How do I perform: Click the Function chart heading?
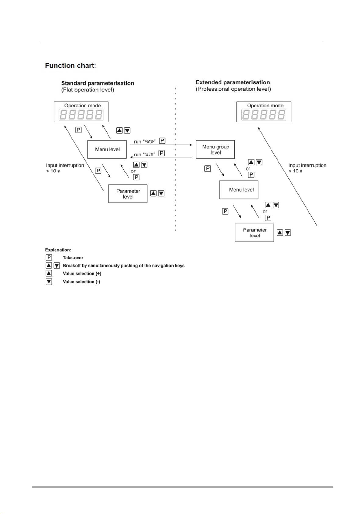click(x=70, y=66)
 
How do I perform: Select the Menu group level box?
click(x=215, y=149)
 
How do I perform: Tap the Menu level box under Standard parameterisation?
click(x=107, y=149)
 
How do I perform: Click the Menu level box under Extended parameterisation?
click(x=239, y=190)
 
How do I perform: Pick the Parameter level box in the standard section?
click(x=128, y=194)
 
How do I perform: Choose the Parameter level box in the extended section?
click(x=254, y=233)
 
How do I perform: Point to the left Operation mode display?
click(x=81, y=112)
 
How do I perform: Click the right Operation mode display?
click(x=264, y=112)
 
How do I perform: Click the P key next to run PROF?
click(x=162, y=141)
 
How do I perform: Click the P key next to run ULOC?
click(x=162, y=153)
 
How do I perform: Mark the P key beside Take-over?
click(x=49, y=257)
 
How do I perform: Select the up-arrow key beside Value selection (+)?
click(x=49, y=273)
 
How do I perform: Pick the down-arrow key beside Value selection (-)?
click(x=49, y=282)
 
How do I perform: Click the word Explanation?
click(x=58, y=250)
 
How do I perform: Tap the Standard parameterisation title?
click(x=98, y=83)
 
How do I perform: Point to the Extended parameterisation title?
click(x=233, y=82)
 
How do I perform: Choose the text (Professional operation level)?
click(x=233, y=89)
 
